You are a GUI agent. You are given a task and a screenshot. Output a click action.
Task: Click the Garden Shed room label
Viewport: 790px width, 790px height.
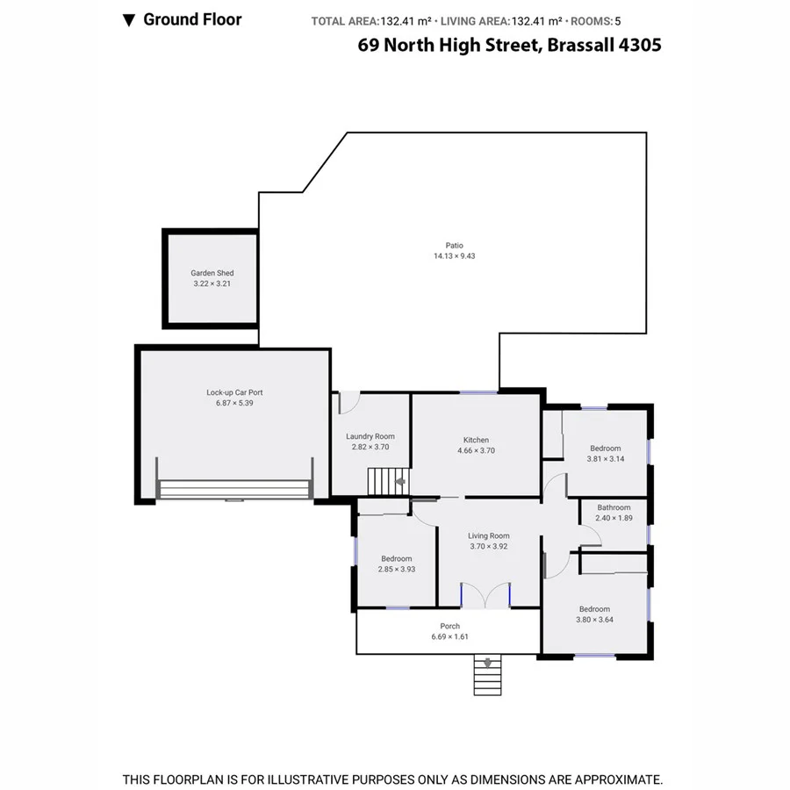(x=212, y=273)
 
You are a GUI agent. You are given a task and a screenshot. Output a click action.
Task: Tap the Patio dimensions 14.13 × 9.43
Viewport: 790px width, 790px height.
(x=454, y=256)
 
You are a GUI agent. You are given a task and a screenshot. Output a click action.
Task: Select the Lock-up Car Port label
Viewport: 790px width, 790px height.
(x=234, y=392)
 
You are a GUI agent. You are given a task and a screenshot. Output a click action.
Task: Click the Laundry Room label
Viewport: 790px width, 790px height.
(x=370, y=436)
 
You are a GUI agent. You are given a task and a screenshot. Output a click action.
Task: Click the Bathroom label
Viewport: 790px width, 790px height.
(x=614, y=507)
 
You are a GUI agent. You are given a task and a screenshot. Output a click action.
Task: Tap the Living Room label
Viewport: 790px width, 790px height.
(x=488, y=535)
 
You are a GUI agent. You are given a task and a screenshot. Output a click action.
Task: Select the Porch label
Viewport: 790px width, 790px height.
(x=449, y=626)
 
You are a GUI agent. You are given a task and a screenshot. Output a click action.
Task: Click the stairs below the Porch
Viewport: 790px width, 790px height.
(x=485, y=674)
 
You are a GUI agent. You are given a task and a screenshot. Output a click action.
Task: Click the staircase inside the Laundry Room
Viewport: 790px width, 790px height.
(x=387, y=481)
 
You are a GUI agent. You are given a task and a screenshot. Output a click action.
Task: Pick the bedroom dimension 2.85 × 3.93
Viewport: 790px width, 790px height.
(x=397, y=570)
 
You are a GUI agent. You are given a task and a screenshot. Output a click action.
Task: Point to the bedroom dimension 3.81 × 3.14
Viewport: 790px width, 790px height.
(x=605, y=459)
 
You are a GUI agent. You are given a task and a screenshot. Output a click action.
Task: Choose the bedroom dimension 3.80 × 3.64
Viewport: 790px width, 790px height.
(x=594, y=620)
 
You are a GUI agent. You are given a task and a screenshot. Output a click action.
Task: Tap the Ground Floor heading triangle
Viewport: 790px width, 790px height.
(x=128, y=19)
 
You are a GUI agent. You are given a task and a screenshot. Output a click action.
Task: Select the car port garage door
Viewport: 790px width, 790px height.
(x=233, y=491)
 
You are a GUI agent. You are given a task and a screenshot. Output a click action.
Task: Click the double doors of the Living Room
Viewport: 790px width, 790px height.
(x=485, y=595)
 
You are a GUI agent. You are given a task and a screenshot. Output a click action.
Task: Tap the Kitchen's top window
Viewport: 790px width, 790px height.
(x=478, y=391)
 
